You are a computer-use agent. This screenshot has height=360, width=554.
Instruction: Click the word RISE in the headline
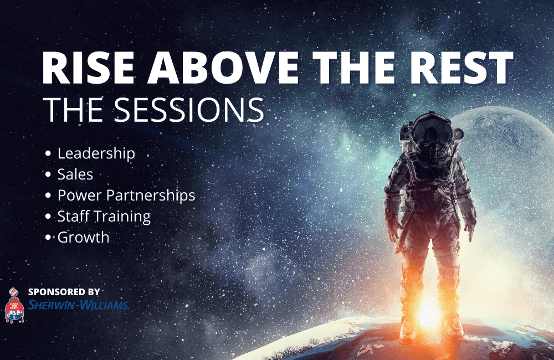[x=88, y=67]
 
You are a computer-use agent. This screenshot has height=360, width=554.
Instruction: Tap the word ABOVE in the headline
[x=223, y=67]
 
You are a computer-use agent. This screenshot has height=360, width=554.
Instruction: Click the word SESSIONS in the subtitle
[x=189, y=110]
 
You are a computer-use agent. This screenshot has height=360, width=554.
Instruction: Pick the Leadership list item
[x=96, y=153]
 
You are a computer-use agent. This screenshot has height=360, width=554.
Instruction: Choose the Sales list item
[x=75, y=174]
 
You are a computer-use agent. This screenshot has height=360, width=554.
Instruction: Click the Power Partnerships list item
[x=126, y=196]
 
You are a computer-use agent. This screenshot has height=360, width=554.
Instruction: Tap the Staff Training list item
[x=104, y=217]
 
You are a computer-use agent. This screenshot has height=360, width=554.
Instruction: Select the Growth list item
[x=84, y=238]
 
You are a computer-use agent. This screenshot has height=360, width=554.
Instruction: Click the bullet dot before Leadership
[x=48, y=153]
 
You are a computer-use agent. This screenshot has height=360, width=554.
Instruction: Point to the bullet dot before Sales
[x=48, y=174]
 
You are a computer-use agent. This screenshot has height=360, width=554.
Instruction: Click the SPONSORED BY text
[x=64, y=292]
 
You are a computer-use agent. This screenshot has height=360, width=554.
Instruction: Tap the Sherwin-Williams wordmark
[x=79, y=305]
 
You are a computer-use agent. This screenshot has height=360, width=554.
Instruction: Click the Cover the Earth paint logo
[x=14, y=306]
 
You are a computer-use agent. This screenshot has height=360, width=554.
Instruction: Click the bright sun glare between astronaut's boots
[x=429, y=313]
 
